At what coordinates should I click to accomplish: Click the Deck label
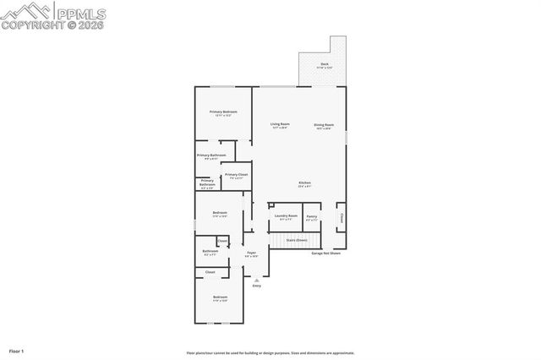click(x=324, y=64)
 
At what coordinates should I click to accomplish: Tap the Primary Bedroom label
click(x=223, y=112)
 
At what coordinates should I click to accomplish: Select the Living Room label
click(x=280, y=125)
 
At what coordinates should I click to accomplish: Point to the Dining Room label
click(x=323, y=125)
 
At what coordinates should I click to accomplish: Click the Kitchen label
click(x=304, y=183)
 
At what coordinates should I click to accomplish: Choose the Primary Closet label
click(x=234, y=175)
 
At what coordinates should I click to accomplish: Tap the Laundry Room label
click(x=286, y=215)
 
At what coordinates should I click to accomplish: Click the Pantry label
click(x=312, y=215)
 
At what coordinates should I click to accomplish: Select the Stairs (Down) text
click(x=296, y=240)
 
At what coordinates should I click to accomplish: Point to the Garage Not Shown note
click(x=326, y=253)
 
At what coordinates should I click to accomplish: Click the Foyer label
click(x=251, y=253)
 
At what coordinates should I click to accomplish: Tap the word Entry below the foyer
click(x=256, y=286)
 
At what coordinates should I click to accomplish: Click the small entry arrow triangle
click(x=256, y=280)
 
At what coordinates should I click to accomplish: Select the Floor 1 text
click(x=16, y=350)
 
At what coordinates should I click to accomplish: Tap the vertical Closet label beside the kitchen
click(x=342, y=217)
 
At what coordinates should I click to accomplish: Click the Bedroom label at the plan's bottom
click(x=220, y=297)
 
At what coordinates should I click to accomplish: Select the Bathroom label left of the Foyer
click(x=210, y=251)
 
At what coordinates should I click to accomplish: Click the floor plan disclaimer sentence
click(x=270, y=353)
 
